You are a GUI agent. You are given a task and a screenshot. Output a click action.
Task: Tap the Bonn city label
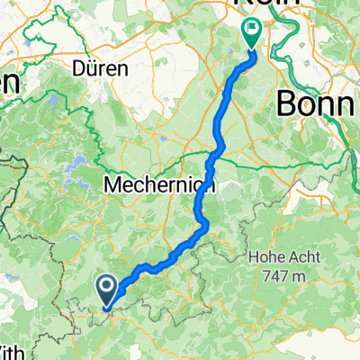point(319,103)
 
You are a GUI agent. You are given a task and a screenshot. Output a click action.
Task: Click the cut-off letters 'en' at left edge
point(9,83)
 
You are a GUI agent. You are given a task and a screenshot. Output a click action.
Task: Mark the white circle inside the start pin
point(105,286)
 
